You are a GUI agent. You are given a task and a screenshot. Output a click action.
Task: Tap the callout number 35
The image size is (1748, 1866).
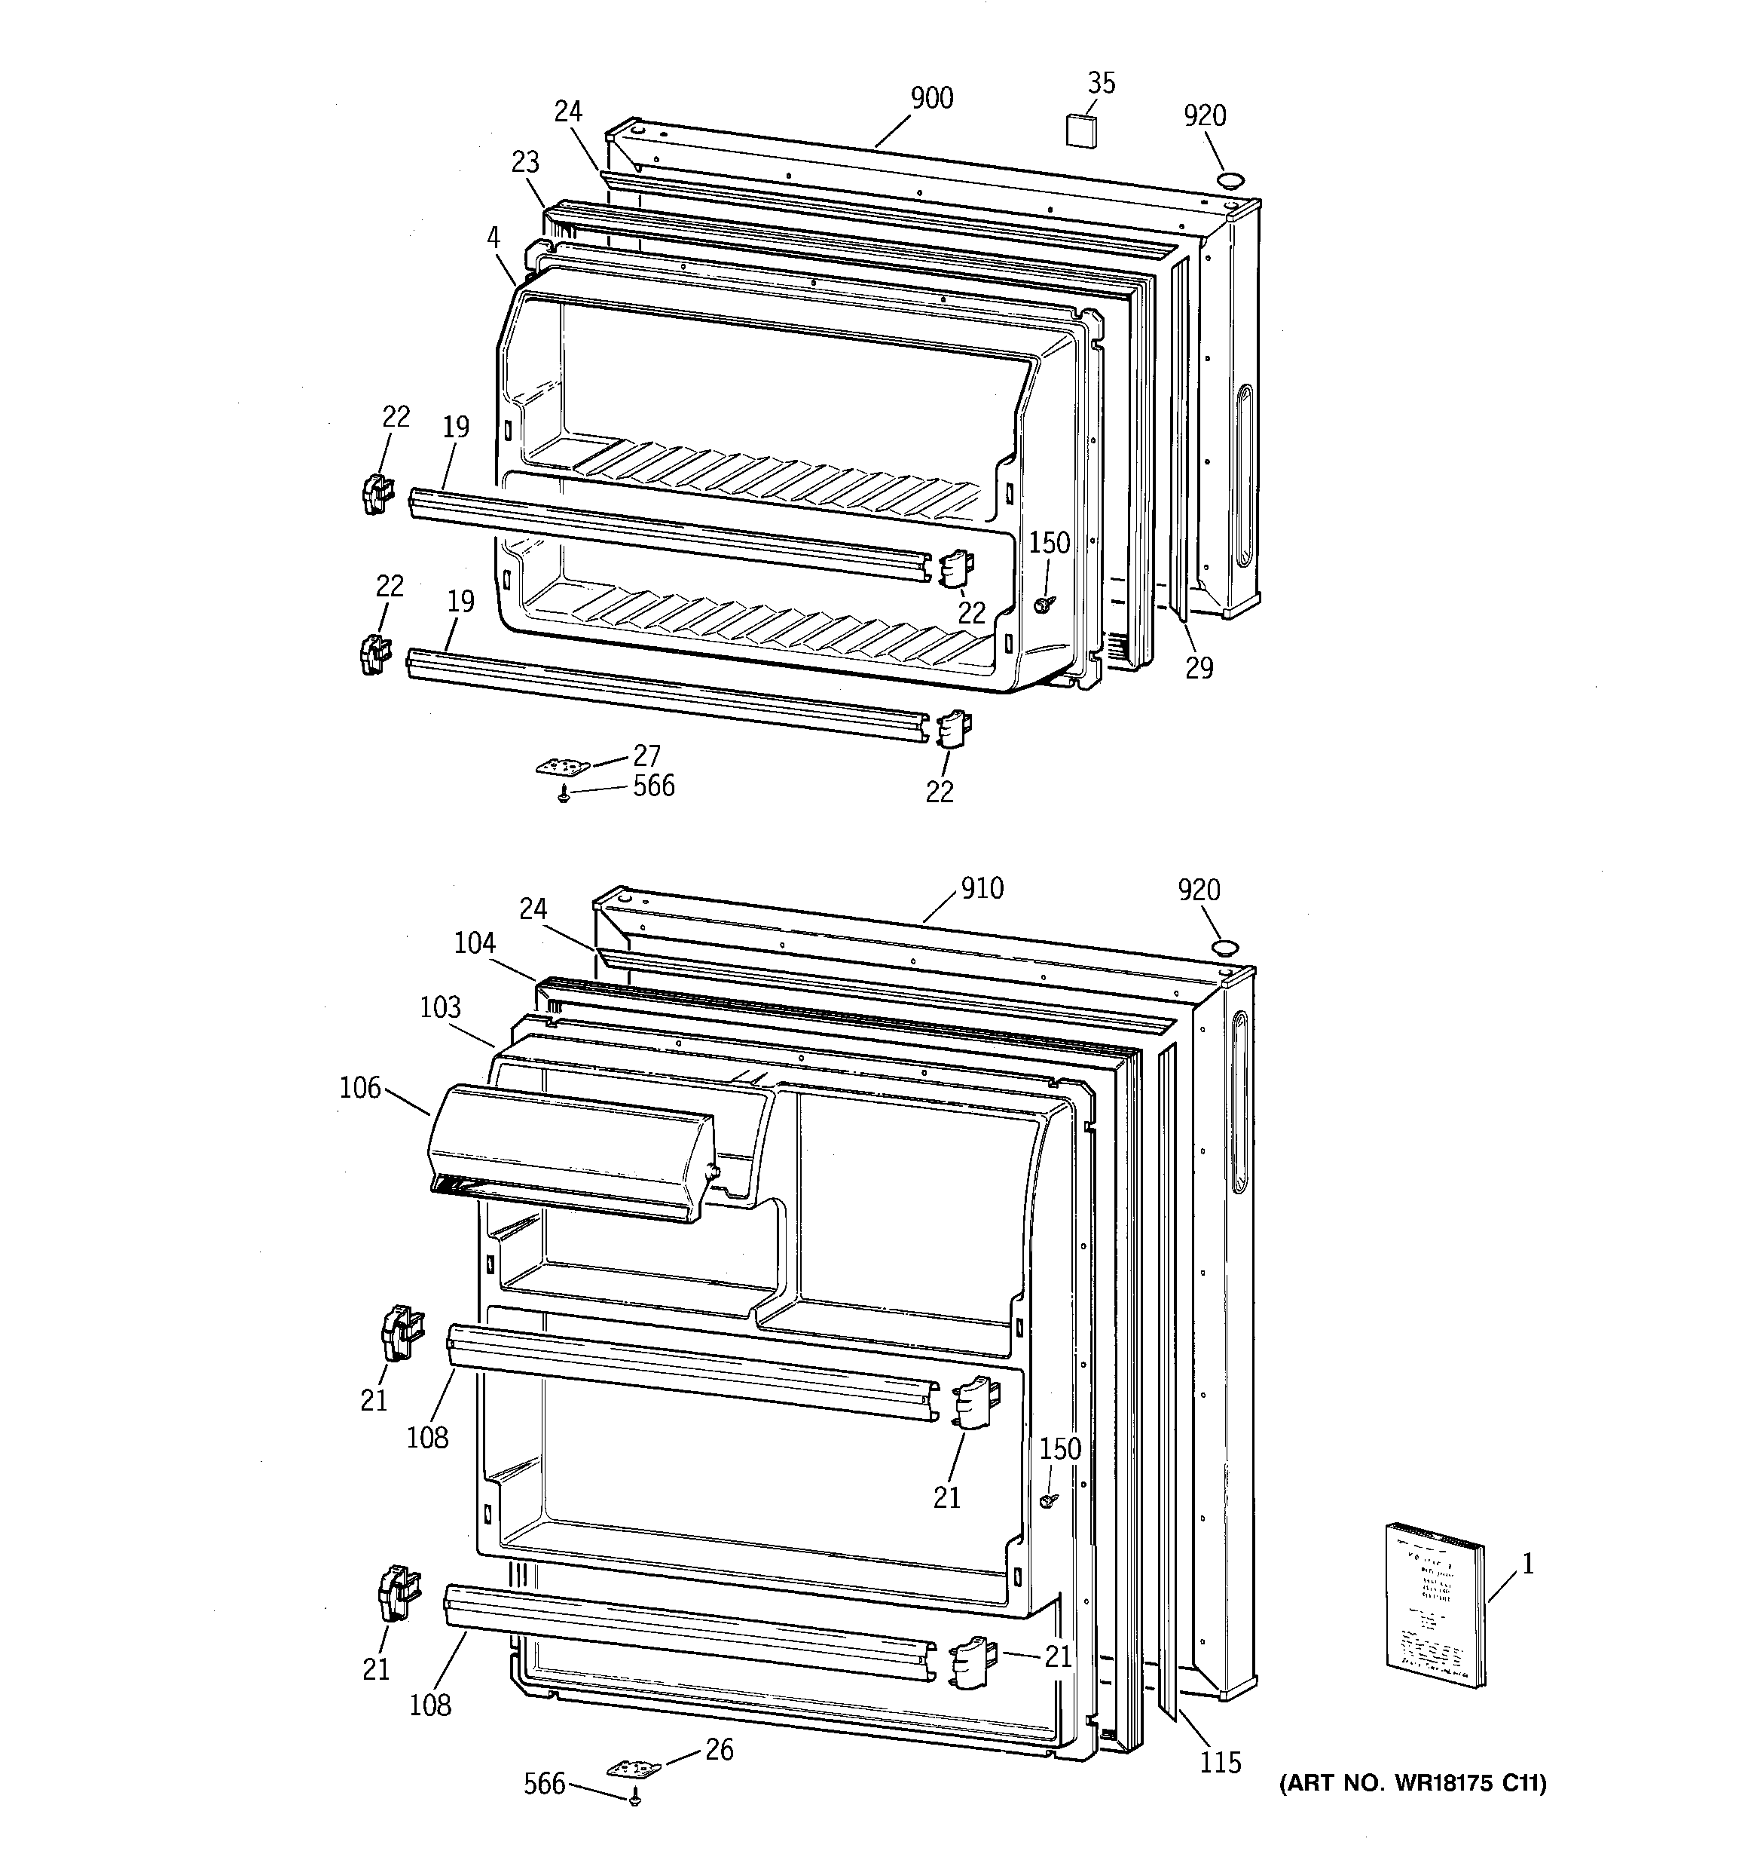[x=1101, y=84]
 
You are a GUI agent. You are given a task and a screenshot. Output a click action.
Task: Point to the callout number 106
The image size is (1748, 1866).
[x=360, y=1088]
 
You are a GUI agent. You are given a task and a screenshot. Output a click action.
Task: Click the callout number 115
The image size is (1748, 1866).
[x=1220, y=1763]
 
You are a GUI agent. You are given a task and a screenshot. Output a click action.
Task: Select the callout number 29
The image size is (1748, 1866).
[x=1198, y=668]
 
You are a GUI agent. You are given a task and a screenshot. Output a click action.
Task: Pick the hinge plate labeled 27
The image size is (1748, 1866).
[x=562, y=768]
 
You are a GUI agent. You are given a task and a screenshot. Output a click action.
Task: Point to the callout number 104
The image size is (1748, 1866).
[x=475, y=942]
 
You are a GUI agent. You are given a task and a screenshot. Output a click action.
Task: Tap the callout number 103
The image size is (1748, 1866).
[x=440, y=1007]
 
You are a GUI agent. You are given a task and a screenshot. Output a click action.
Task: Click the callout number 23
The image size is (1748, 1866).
[x=525, y=162]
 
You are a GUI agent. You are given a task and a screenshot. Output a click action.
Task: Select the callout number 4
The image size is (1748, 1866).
[x=494, y=237]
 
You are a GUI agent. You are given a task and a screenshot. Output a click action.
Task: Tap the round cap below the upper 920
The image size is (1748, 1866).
[x=1229, y=180]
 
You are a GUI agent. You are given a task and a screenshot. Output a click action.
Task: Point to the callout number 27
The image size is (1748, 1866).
[x=646, y=755]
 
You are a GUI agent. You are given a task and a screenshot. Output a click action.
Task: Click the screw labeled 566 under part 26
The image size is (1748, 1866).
[x=635, y=1796]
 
